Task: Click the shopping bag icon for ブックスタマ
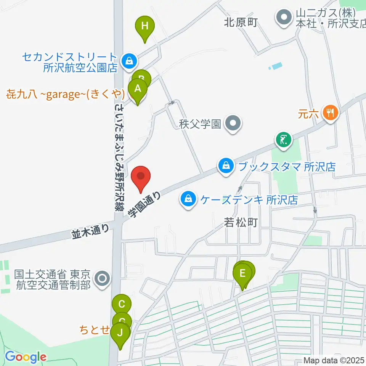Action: (x=226, y=166)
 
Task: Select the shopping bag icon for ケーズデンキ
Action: (x=188, y=199)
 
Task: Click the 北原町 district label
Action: (x=241, y=22)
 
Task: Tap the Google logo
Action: (x=26, y=357)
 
